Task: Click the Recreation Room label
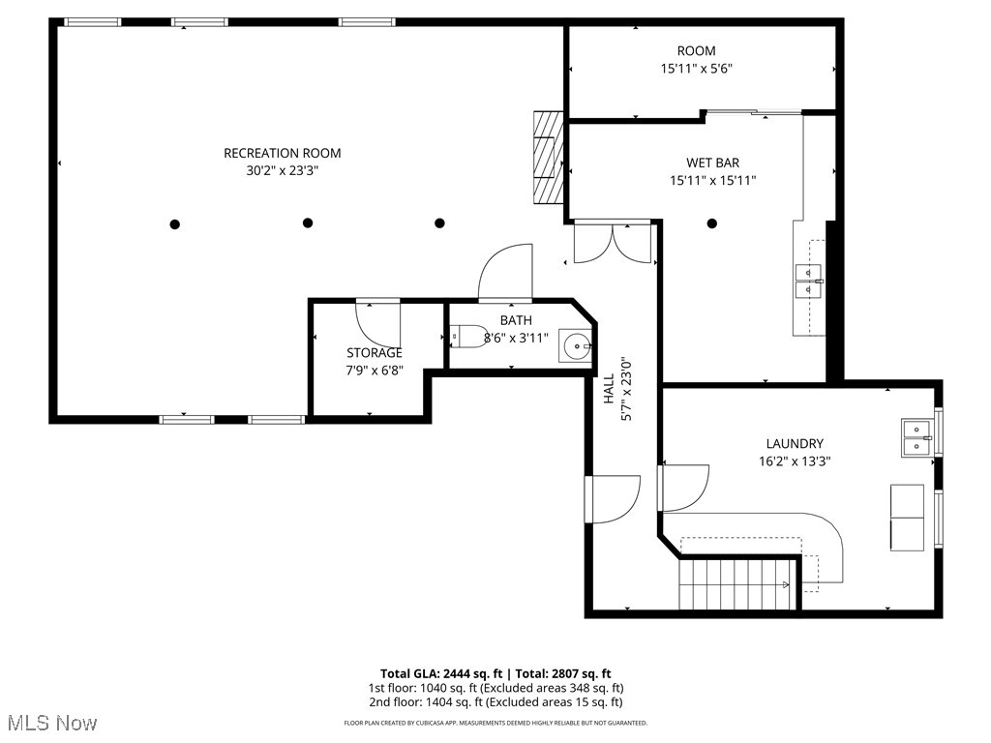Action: pyautogui.click(x=282, y=153)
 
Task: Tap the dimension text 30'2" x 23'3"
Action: pyautogui.click(x=282, y=170)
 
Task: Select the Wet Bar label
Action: pyautogui.click(x=712, y=163)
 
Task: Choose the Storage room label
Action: pyautogui.click(x=375, y=352)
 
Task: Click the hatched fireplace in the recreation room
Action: pyautogui.click(x=548, y=157)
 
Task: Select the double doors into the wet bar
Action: pyautogui.click(x=612, y=242)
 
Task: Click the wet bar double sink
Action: pyautogui.click(x=808, y=281)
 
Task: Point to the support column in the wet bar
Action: pyautogui.click(x=712, y=223)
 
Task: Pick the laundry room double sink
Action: pyautogui.click(x=917, y=436)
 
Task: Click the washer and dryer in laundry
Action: pyautogui.click(x=907, y=517)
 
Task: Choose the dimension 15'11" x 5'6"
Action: pyautogui.click(x=696, y=69)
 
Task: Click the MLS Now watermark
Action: pyautogui.click(x=52, y=723)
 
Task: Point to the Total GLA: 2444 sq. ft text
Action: pyautogui.click(x=440, y=673)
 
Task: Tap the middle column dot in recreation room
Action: pyautogui.click(x=308, y=223)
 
